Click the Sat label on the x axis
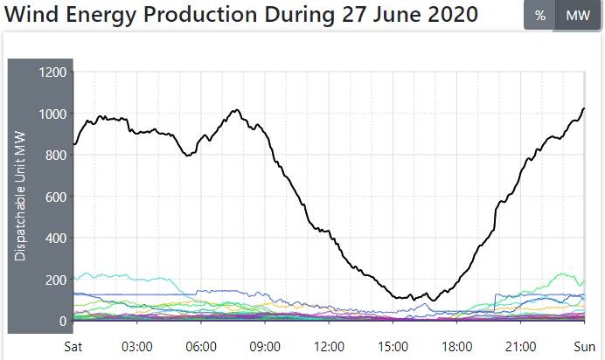coord(75,345)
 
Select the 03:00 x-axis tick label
coord(137,345)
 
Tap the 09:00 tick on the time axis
coord(265,345)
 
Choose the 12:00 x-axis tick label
coord(329,345)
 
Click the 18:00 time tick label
coord(457,345)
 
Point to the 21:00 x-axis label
coord(521,345)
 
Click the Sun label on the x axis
coord(584,345)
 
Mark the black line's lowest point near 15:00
coord(431,301)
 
